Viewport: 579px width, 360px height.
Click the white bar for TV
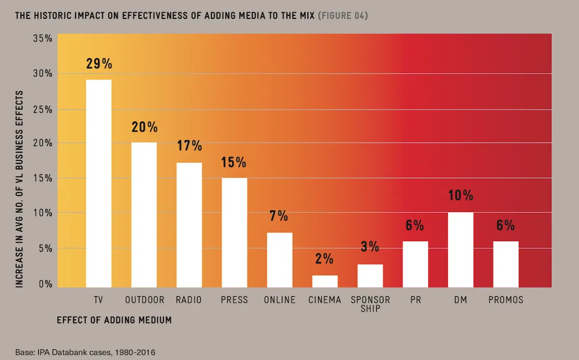[99, 183]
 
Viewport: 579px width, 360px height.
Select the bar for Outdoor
[144, 214]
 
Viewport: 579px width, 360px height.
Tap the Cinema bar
[325, 281]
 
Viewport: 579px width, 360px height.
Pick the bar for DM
[461, 250]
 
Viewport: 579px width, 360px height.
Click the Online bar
[280, 260]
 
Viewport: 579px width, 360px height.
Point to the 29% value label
[99, 64]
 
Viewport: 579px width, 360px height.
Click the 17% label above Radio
[189, 146]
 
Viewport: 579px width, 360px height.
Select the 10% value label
[461, 196]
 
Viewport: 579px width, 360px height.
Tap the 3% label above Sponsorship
[370, 247]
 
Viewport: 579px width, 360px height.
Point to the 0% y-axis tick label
[44, 284]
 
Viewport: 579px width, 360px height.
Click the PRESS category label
[234, 300]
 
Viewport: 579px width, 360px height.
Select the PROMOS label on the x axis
[506, 300]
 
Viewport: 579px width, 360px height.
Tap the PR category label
[416, 300]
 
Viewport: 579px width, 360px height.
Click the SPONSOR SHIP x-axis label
[370, 304]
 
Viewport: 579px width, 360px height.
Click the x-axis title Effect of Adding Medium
[114, 320]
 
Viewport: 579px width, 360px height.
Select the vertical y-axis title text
[19, 189]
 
